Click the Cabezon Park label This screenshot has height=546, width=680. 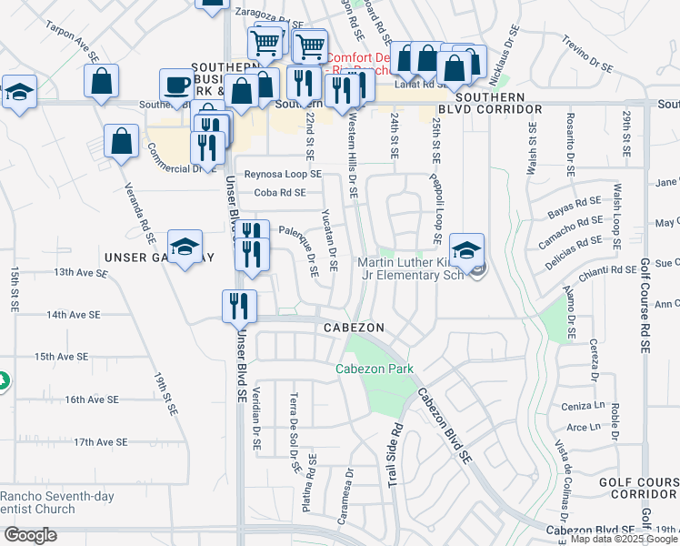coord(375,369)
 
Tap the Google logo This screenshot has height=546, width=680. coord(29,535)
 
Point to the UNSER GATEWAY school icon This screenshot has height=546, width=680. coord(185,247)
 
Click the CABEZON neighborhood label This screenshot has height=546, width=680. coord(351,328)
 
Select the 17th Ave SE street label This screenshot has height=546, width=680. coord(101,442)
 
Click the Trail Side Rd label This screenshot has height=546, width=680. coord(395,456)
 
